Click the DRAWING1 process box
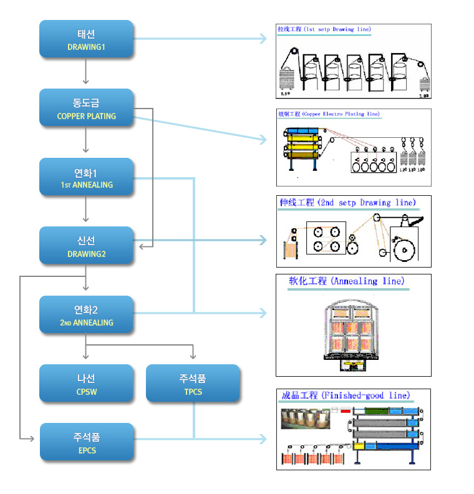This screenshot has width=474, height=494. coord(86,39)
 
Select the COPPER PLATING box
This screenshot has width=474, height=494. coord(86,108)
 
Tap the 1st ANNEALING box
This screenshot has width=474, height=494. coord(86,177)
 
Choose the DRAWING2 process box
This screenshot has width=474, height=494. coord(86,246)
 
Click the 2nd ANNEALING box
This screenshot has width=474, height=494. coord(86,315)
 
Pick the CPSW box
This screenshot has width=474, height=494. coord(86,384)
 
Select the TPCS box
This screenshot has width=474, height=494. coord(193,384)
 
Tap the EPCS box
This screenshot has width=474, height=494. coord(86,442)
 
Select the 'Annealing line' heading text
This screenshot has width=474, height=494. coord(347,281)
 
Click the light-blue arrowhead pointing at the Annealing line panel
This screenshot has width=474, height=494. coord(263,312)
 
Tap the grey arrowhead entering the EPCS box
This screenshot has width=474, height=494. coord(31,439)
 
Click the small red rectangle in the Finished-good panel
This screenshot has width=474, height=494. coord(345,410)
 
